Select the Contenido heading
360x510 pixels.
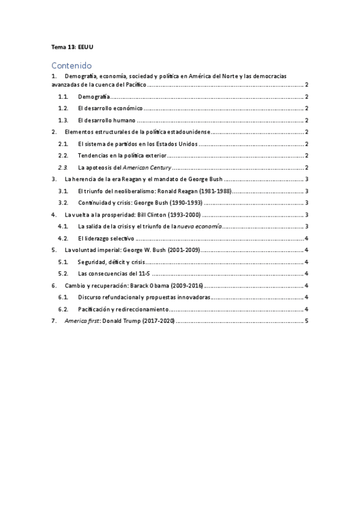pyautogui.click(x=71, y=65)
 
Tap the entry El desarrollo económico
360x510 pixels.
pyautogui.click(x=110, y=108)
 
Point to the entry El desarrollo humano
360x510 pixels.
pyautogui.click(x=105, y=120)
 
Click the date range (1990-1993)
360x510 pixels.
pyautogui.click(x=179, y=203)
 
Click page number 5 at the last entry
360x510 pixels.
pyautogui.click(x=307, y=321)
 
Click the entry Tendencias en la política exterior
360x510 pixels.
pyautogui.click(x=123, y=156)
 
